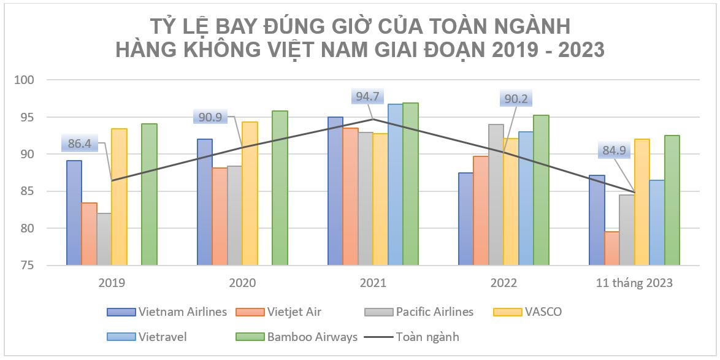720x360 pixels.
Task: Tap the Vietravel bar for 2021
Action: tap(396, 185)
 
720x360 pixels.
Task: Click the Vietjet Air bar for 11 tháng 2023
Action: tap(611, 248)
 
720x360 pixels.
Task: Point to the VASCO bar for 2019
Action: tap(119, 197)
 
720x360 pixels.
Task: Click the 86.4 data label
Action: tap(79, 144)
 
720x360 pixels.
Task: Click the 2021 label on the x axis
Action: tap(373, 283)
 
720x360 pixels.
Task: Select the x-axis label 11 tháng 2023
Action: tap(634, 283)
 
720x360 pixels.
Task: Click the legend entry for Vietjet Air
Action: tap(294, 312)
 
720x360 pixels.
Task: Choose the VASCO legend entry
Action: tap(543, 312)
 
